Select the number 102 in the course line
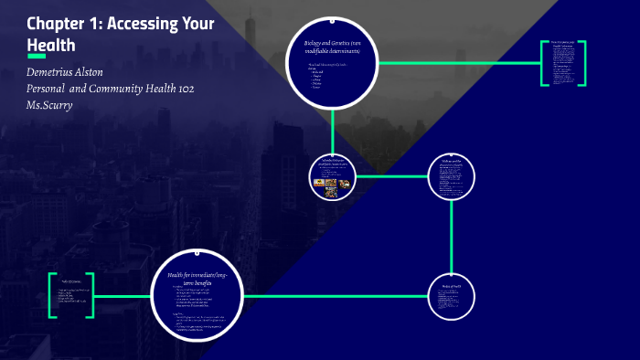[180, 88]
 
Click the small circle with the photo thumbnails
[332, 175]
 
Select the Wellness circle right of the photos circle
[452, 175]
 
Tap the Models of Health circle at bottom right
[452, 298]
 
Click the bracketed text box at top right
[561, 63]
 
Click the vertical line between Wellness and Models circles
[452, 237]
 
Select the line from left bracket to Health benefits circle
[123, 294]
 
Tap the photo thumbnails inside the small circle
[331, 183]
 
